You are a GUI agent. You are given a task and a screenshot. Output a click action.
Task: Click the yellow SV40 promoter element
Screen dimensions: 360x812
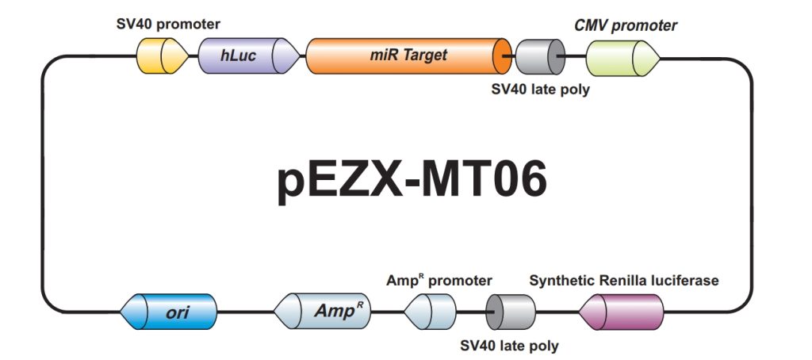click(163, 56)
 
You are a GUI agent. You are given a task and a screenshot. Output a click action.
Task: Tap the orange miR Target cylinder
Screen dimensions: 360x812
click(408, 56)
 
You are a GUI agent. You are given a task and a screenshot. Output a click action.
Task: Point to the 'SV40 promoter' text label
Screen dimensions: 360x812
click(167, 25)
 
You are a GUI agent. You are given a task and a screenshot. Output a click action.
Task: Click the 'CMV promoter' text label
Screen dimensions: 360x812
click(626, 26)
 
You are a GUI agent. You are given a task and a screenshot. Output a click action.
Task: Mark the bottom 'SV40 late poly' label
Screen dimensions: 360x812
click(509, 346)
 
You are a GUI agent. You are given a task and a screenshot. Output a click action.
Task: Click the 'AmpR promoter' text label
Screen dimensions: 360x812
click(439, 281)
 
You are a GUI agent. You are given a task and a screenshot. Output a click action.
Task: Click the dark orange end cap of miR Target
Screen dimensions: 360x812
click(501, 56)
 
